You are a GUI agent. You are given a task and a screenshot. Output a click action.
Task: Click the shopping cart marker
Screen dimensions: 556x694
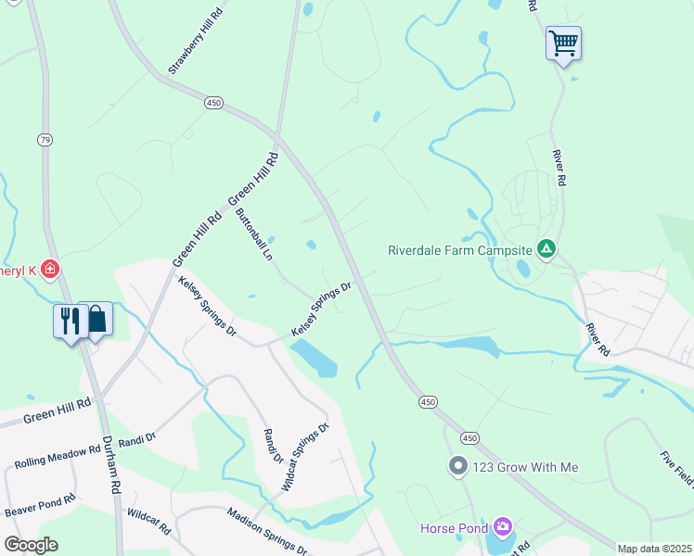click(x=563, y=43)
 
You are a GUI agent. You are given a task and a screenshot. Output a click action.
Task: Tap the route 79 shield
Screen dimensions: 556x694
click(x=45, y=140)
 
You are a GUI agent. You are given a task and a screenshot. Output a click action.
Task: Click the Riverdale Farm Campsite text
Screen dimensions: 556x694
click(x=459, y=250)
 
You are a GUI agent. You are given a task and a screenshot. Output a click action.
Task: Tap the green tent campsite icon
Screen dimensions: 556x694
click(x=547, y=249)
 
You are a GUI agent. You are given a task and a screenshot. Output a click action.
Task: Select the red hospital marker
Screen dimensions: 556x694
click(x=50, y=270)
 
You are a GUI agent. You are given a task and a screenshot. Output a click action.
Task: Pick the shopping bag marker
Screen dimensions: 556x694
click(x=96, y=320)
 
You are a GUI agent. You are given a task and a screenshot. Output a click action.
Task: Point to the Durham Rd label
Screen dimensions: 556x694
click(x=113, y=463)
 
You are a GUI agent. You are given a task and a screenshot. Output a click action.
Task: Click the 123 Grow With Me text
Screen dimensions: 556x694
click(x=525, y=467)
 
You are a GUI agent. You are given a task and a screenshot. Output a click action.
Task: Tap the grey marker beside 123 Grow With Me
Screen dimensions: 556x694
click(x=457, y=466)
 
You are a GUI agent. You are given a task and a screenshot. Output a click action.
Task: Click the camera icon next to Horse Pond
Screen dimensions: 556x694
click(x=502, y=528)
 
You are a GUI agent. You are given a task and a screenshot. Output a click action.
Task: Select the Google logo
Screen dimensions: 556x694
click(x=31, y=544)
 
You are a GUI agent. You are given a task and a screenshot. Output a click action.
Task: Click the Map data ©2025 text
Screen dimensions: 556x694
click(x=654, y=549)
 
